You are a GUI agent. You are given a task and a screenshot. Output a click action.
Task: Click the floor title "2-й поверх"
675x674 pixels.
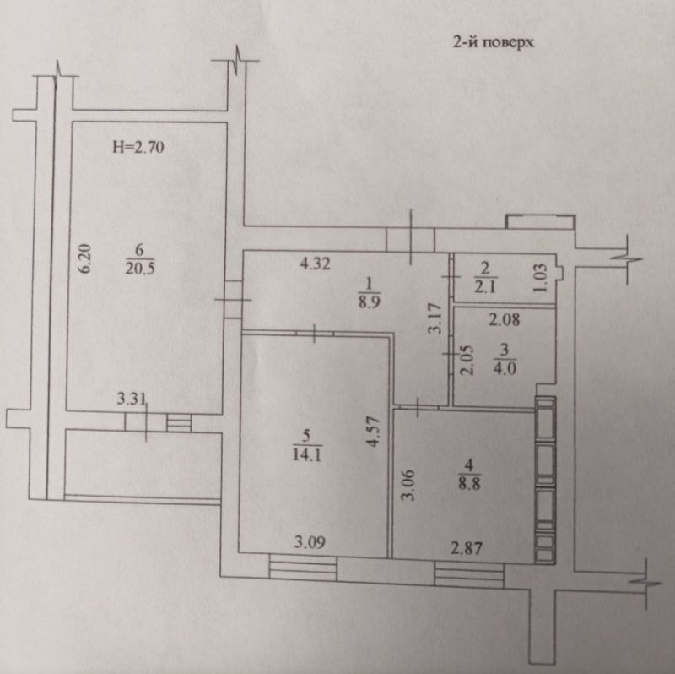coord(493,43)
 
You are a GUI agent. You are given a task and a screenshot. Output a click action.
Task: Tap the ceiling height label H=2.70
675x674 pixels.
coord(138,147)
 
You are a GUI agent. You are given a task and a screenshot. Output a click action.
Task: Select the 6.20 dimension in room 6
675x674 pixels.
coord(85,258)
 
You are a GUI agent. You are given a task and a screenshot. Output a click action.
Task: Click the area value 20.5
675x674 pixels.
coord(140,269)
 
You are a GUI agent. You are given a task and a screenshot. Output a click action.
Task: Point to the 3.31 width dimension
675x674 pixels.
coord(132,399)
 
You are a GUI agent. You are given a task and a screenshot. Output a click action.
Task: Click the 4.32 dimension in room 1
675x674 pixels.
coord(315,264)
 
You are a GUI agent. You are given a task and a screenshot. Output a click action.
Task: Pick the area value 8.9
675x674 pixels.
coord(369,302)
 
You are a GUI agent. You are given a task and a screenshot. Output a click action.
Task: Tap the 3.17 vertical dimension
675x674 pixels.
coord(435,318)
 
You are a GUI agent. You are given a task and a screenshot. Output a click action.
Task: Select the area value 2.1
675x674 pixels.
coord(484,286)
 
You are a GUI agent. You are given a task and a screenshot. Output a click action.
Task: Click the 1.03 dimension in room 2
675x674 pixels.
coord(541,278)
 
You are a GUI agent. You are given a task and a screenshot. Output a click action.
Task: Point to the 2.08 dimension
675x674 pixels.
coord(505,320)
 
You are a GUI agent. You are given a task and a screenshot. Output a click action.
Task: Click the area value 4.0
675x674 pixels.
coord(504,368)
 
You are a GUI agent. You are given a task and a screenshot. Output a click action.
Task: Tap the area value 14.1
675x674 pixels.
coord(306,454)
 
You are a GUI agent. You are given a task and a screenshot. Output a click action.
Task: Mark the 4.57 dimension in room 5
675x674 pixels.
coord(373,432)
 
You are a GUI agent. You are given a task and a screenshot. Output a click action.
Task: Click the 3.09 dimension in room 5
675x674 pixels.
coord(310,541)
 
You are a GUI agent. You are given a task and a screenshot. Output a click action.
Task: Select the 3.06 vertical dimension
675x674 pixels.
coord(408,485)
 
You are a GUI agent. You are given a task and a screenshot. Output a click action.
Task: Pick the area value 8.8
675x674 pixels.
coord(469,483)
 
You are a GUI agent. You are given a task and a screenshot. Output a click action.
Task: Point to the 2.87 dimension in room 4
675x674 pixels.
coord(467,549)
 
